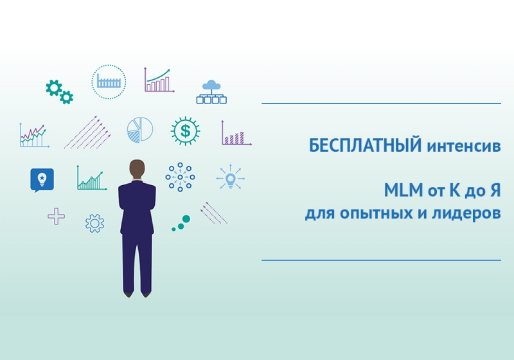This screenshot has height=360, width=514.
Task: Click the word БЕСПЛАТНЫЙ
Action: pyautogui.click(x=365, y=145)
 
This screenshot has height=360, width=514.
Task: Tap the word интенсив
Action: pyautogui.click(x=464, y=147)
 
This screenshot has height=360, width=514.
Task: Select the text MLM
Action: pyautogui.click(x=403, y=190)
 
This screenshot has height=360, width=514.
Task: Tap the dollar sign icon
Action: pyautogui.click(x=186, y=130)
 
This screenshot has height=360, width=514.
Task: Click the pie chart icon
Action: pyautogui.click(x=140, y=129)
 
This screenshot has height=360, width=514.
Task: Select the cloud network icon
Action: pyautogui.click(x=211, y=92)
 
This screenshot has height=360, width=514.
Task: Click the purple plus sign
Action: pyautogui.click(x=56, y=217)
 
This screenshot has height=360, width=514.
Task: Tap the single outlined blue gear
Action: pyautogui.click(x=94, y=223)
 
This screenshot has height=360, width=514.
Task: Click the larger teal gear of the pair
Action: pyautogui.click(x=54, y=87)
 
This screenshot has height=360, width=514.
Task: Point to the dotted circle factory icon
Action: pyautogui.click(x=109, y=82)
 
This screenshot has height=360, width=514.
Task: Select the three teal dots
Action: pyautogui.click(x=181, y=223)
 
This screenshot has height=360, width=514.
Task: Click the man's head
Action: pyautogui.click(x=137, y=170)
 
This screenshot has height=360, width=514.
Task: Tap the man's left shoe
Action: pyautogui.click(x=128, y=294)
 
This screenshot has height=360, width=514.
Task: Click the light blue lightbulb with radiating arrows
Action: pyautogui.click(x=231, y=178)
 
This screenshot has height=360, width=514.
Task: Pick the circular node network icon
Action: pyautogui.click(x=180, y=177)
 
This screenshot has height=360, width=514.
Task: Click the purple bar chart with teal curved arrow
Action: pyautogui.click(x=159, y=80)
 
